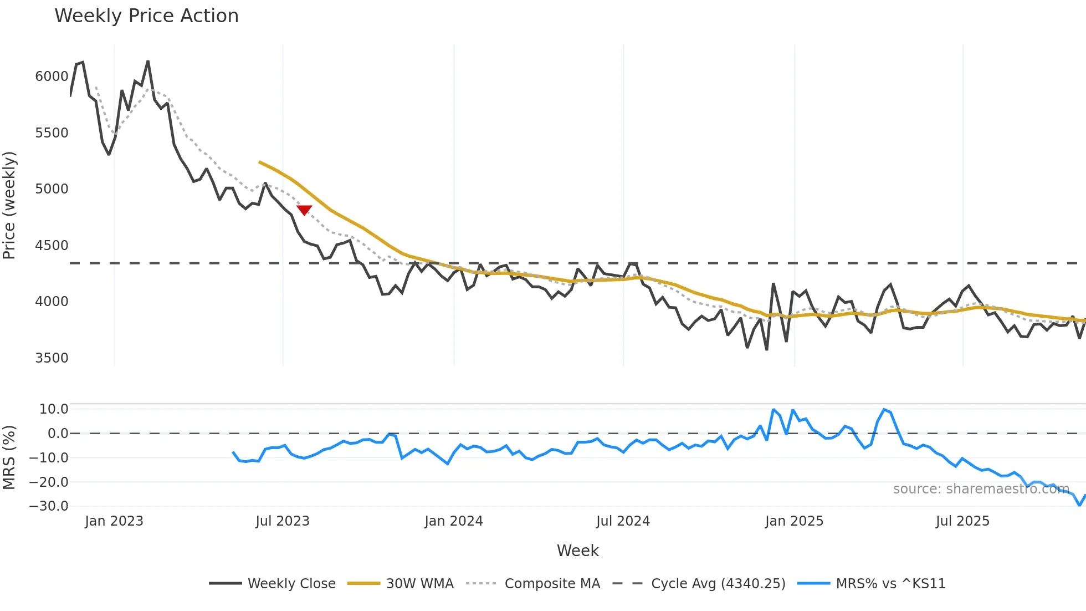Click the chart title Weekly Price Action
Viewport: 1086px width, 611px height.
146,16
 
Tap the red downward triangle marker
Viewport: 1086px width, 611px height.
304,210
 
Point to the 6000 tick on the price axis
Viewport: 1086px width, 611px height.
52,77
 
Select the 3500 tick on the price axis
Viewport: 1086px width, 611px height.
52,358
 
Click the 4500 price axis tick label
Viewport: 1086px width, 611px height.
52,246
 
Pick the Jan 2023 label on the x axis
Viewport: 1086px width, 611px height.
114,521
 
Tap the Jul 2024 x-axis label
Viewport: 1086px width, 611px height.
623,521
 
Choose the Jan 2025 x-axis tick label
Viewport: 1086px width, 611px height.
794,521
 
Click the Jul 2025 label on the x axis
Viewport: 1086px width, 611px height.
962,521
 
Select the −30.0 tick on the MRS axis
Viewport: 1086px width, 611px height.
49,506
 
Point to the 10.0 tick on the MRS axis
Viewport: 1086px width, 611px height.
53,409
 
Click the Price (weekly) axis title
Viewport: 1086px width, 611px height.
9,205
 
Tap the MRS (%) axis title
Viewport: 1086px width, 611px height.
9,457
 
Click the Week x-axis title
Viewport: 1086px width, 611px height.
577,551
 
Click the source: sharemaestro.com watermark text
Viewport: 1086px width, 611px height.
981,489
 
